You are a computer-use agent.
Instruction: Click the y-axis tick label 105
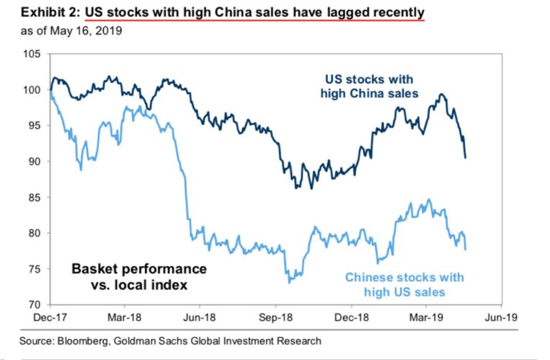pos(32,54)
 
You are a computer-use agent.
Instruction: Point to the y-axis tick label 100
pos(32,90)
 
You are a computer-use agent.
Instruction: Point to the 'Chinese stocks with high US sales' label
pos(404,284)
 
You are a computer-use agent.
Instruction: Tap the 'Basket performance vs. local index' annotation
pos(138,276)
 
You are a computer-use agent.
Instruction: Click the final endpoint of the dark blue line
pos(465,157)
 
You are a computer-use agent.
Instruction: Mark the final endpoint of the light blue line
pos(465,250)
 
